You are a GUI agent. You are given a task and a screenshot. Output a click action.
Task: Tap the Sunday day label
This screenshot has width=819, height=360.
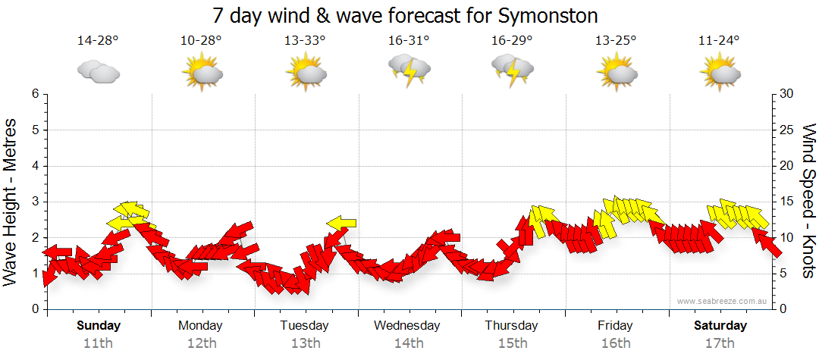click(98, 326)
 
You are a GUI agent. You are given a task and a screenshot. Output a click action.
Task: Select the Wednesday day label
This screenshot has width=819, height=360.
click(407, 326)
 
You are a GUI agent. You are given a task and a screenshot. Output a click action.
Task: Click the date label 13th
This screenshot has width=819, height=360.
click(305, 343)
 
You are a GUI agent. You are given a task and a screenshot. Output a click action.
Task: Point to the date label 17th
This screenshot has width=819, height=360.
click(720, 343)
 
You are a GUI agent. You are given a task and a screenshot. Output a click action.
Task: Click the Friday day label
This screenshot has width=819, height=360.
click(615, 326)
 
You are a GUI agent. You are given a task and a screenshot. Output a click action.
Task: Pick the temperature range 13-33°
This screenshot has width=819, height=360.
click(305, 41)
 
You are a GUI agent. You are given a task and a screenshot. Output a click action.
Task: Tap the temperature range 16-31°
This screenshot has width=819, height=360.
click(409, 41)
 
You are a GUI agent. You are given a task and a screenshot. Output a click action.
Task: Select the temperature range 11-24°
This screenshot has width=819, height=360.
click(719, 41)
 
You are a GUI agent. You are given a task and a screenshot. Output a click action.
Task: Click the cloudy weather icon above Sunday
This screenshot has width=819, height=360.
click(99, 72)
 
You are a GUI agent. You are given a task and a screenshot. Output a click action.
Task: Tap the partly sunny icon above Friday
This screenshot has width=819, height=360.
click(616, 71)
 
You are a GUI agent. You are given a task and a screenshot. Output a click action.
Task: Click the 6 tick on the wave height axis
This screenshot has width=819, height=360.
click(35, 94)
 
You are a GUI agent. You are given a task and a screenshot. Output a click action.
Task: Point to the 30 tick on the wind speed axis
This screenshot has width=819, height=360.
click(787, 94)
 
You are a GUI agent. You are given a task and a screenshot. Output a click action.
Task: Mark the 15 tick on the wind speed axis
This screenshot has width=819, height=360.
click(787, 202)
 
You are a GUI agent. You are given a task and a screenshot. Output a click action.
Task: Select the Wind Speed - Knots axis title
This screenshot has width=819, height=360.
click(808, 202)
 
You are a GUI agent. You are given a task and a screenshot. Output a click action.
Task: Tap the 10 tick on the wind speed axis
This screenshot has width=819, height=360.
click(787, 238)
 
